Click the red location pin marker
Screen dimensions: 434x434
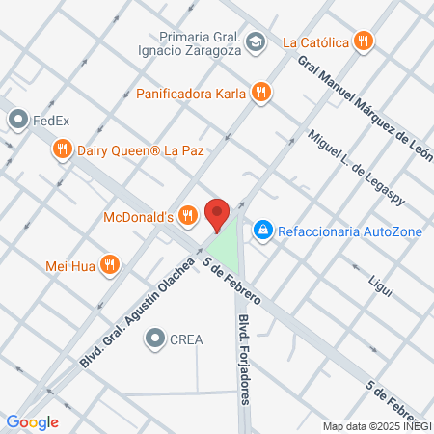point(218,213)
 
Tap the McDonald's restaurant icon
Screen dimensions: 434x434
point(188,217)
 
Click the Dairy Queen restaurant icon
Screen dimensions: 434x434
point(62,149)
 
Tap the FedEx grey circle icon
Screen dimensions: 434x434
point(18,121)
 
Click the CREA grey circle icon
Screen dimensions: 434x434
point(155,339)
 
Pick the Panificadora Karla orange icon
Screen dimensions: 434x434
point(260,94)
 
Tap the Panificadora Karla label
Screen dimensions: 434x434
point(190,94)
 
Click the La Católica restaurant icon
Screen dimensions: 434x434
point(363,41)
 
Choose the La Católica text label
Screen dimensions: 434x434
point(314,41)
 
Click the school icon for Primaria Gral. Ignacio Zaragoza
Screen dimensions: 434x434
point(256,41)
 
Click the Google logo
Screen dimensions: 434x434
point(32,421)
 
